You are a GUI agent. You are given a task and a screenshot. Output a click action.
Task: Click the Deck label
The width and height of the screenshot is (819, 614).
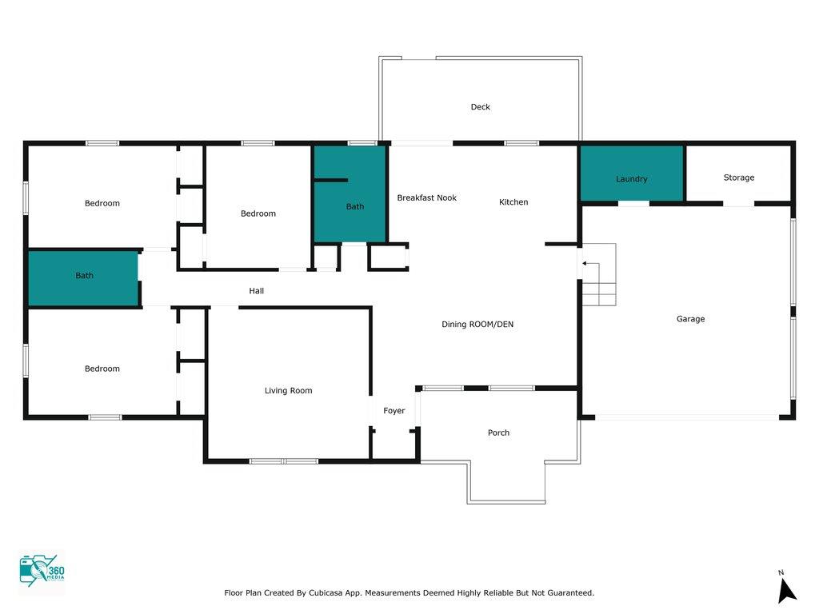pos(480,107)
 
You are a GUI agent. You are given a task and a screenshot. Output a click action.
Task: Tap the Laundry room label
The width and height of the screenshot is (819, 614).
pos(632,179)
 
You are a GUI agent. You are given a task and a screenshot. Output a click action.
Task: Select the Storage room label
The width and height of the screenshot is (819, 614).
pos(738,177)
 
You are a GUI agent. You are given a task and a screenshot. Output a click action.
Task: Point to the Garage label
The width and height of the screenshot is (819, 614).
pos(690,319)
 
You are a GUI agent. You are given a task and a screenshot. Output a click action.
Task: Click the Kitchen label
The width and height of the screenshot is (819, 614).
pos(513,202)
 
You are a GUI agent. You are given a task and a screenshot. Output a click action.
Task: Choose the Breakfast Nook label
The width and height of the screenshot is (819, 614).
pos(426,198)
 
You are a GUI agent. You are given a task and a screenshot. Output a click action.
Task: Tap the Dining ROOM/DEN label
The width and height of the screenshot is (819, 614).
pos(477,325)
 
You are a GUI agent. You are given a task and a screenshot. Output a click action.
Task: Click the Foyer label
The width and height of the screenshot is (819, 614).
pos(394,411)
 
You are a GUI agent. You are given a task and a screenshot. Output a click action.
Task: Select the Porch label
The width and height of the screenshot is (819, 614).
pos(498,433)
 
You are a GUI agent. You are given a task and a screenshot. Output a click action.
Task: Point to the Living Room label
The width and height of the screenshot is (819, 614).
pos(288,390)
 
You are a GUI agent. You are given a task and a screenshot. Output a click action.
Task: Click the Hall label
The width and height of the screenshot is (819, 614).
pos(256,291)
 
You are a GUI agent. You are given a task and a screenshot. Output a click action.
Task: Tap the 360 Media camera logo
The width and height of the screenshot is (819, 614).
pos(42,571)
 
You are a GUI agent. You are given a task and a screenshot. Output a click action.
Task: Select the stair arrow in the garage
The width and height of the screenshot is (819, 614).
pos(591,264)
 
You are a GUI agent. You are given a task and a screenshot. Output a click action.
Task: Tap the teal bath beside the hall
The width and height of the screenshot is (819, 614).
pos(83,278)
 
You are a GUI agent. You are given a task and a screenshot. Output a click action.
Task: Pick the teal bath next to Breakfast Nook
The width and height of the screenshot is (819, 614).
pos(350,193)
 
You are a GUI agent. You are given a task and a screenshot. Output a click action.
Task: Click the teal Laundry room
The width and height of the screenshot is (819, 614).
pos(632,173)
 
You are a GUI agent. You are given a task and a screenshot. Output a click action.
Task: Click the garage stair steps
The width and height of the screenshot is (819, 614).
pos(599,275)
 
